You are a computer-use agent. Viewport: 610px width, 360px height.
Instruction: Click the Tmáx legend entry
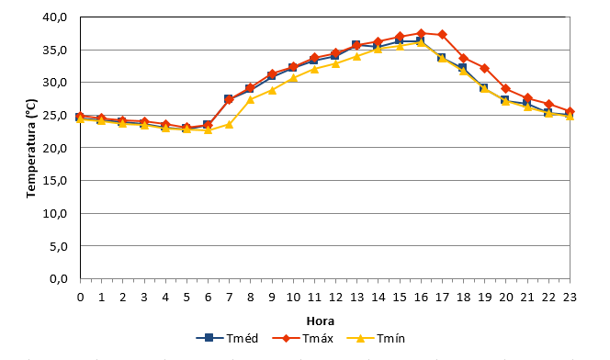tap(302, 338)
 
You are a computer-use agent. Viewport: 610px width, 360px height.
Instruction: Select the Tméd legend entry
tap(227, 338)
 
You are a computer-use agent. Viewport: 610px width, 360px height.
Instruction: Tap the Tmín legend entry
tap(376, 338)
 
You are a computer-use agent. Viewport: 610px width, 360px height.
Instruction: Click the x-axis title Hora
tap(321, 321)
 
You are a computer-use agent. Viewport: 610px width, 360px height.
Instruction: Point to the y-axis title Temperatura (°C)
tap(31, 149)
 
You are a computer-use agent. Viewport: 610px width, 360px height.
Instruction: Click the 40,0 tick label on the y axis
tap(55, 17)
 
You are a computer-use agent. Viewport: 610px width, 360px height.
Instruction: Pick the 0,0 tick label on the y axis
tap(59, 279)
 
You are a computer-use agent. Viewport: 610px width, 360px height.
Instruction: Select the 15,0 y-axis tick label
tap(55, 180)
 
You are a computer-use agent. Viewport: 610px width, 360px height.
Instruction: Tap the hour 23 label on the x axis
tap(570, 298)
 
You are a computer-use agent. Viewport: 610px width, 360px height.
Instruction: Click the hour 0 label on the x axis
tap(81, 298)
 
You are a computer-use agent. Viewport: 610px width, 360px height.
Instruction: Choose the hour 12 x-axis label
tap(335, 298)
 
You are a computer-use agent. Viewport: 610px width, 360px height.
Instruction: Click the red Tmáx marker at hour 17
tap(442, 35)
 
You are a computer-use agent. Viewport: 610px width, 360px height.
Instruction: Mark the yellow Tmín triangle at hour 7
tap(229, 124)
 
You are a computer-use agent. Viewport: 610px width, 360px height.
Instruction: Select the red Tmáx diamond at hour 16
tap(421, 33)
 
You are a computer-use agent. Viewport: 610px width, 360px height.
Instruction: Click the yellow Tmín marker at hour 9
tap(272, 90)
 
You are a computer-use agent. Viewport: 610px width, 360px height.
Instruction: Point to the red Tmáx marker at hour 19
tap(485, 69)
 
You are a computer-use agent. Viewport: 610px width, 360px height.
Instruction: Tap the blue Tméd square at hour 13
tap(356, 45)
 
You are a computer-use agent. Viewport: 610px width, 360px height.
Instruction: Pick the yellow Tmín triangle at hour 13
tap(356, 56)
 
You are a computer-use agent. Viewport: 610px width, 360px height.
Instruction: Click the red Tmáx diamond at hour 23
tap(570, 111)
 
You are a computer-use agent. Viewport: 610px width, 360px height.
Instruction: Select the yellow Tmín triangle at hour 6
tap(209, 129)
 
